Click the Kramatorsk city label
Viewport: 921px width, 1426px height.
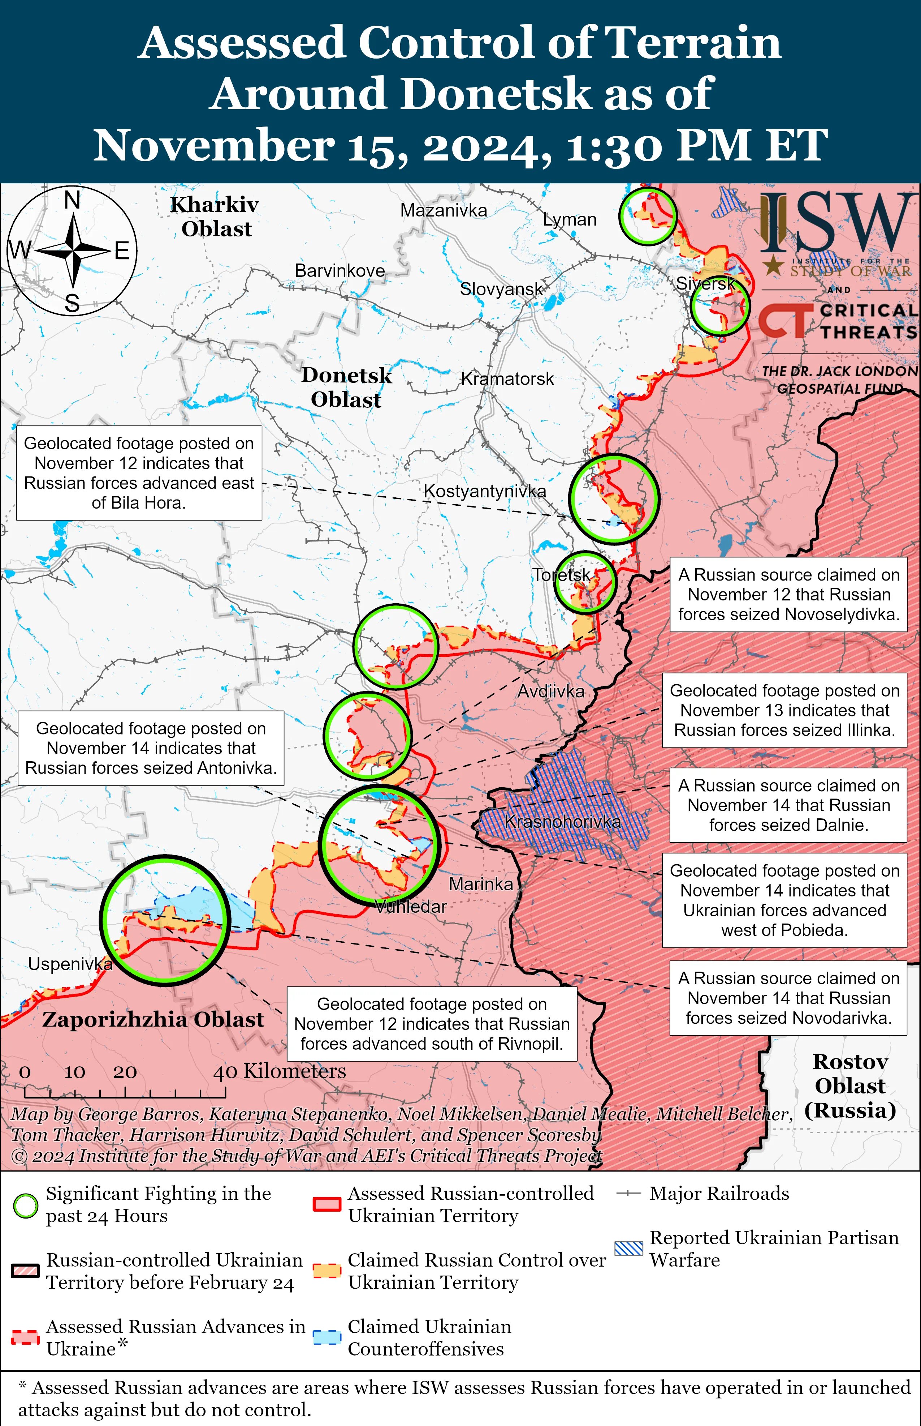[x=507, y=379]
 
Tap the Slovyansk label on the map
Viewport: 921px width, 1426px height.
[x=501, y=289]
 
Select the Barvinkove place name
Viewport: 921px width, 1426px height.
[x=340, y=270]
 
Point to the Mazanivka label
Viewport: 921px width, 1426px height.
[x=443, y=211]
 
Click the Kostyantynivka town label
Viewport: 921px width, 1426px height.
[x=484, y=491]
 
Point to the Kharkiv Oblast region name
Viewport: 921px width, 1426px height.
[x=215, y=217]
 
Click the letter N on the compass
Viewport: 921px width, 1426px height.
[x=72, y=200]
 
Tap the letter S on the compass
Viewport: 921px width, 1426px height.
[x=72, y=303]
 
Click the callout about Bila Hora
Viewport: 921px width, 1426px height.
[x=139, y=473]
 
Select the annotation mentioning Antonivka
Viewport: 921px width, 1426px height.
[x=151, y=748]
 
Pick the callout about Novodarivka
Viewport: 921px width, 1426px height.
[x=788, y=998]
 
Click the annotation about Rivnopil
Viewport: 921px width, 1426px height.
[x=432, y=1024]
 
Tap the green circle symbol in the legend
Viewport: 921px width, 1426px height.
[x=26, y=1205]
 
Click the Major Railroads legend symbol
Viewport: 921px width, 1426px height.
[x=628, y=1193]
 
